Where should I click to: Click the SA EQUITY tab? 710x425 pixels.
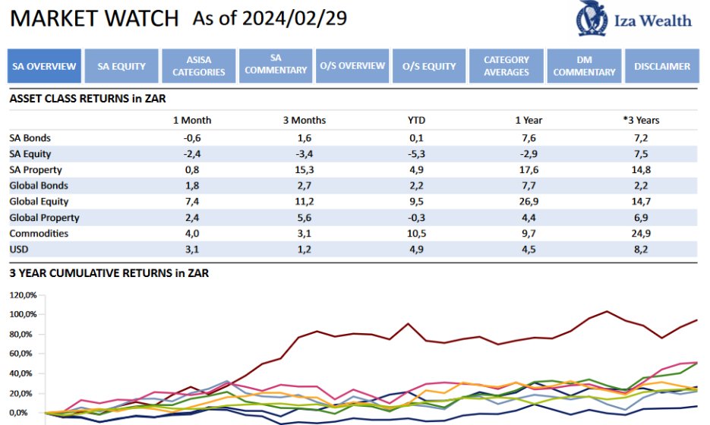point(121,66)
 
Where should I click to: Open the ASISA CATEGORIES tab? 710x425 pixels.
point(199,66)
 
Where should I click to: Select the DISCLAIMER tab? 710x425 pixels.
point(662,66)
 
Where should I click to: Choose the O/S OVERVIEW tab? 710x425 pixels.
point(352,66)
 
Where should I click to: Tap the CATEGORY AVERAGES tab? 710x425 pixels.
point(506,66)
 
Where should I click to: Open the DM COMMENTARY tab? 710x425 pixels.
point(584,66)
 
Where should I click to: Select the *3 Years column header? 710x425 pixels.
point(641,120)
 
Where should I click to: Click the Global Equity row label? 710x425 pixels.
point(39,201)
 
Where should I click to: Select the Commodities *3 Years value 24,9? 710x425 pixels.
point(641,233)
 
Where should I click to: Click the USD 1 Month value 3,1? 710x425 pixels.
point(192,249)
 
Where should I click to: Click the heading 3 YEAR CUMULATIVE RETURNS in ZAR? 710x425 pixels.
point(109,273)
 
